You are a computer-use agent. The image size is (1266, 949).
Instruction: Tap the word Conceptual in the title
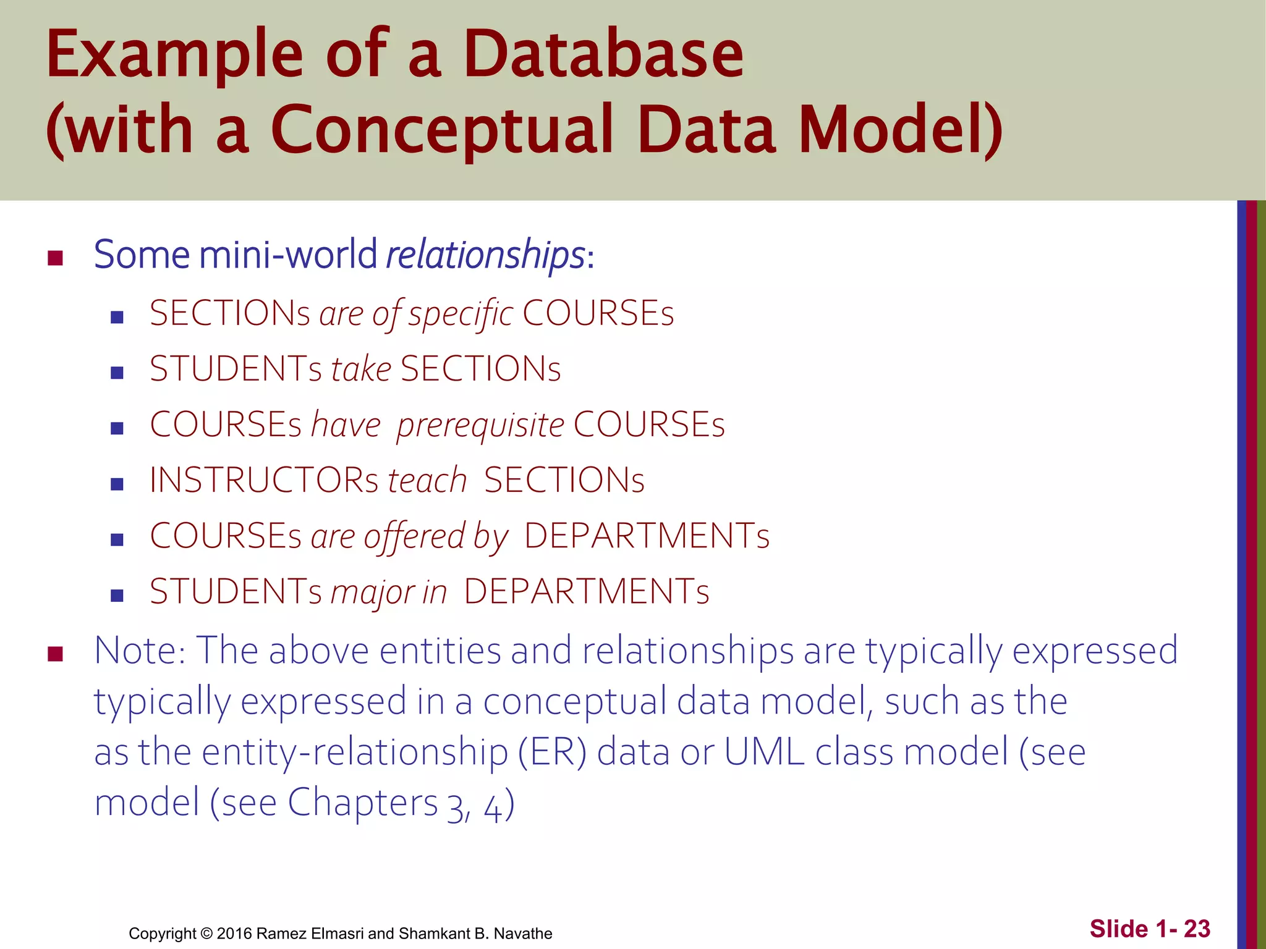click(x=441, y=130)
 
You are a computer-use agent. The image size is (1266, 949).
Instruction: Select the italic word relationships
click(x=485, y=255)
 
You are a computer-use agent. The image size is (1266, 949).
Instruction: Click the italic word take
click(x=361, y=369)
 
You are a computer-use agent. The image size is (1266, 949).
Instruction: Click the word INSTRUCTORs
click(x=264, y=481)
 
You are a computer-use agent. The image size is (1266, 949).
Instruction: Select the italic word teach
click(x=427, y=481)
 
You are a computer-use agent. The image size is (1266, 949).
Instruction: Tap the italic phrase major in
click(x=389, y=592)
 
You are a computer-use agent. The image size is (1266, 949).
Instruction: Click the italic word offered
click(x=414, y=536)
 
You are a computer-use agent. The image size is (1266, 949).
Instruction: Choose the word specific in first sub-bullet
click(x=461, y=314)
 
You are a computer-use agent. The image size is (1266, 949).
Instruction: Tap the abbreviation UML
click(x=764, y=753)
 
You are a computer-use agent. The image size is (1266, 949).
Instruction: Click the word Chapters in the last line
click(x=363, y=803)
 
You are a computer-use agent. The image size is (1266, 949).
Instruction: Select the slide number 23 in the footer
click(x=1197, y=929)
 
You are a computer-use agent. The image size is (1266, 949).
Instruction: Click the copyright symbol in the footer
click(x=206, y=934)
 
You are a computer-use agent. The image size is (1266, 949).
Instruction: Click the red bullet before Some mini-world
click(x=56, y=258)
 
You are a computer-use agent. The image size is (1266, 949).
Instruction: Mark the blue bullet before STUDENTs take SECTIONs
click(x=117, y=373)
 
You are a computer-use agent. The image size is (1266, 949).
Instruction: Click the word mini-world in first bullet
click(x=287, y=255)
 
